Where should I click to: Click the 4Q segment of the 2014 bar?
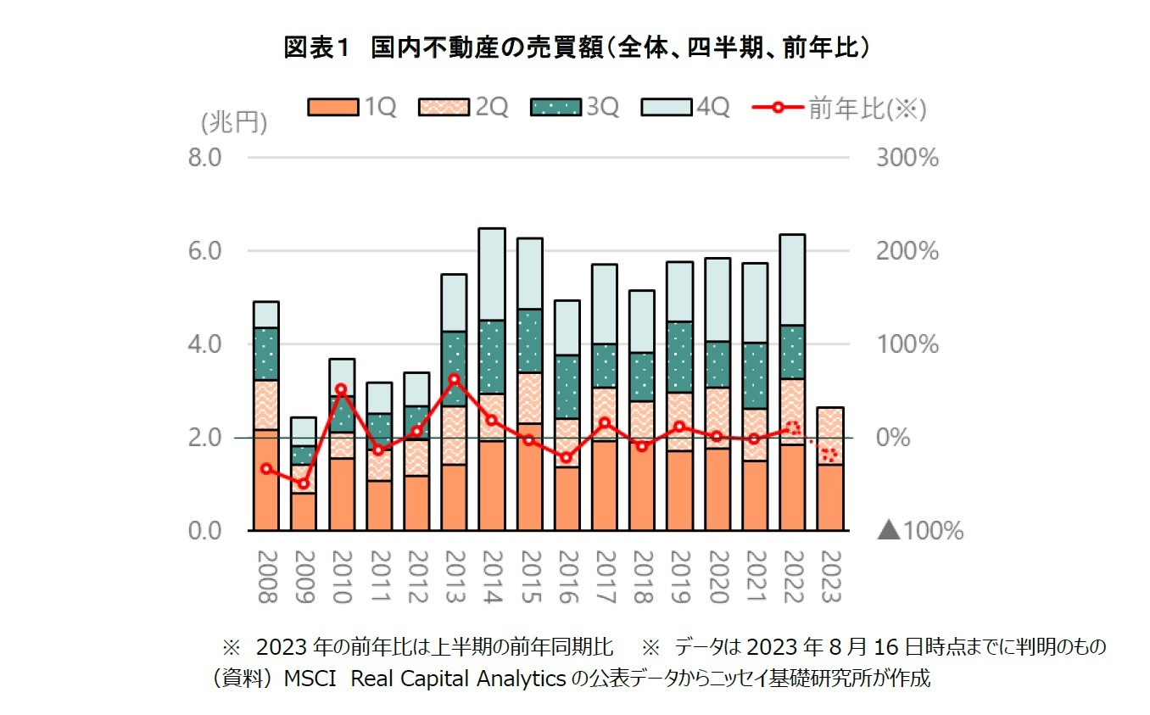coord(492,274)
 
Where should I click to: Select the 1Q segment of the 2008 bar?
coord(265,479)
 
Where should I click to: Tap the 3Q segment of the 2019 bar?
coord(679,356)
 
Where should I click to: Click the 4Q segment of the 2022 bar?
coord(792,280)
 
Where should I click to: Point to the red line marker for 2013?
coord(455,379)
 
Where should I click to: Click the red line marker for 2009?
coord(304,483)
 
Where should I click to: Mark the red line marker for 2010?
coord(341,389)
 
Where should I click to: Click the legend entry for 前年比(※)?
coord(839,108)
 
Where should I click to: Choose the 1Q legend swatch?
coord(330,108)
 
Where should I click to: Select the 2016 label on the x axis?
coord(567,576)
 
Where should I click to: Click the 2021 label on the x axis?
coord(755,576)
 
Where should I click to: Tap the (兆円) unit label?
coord(234,124)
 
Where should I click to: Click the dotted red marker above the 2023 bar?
coord(829,455)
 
